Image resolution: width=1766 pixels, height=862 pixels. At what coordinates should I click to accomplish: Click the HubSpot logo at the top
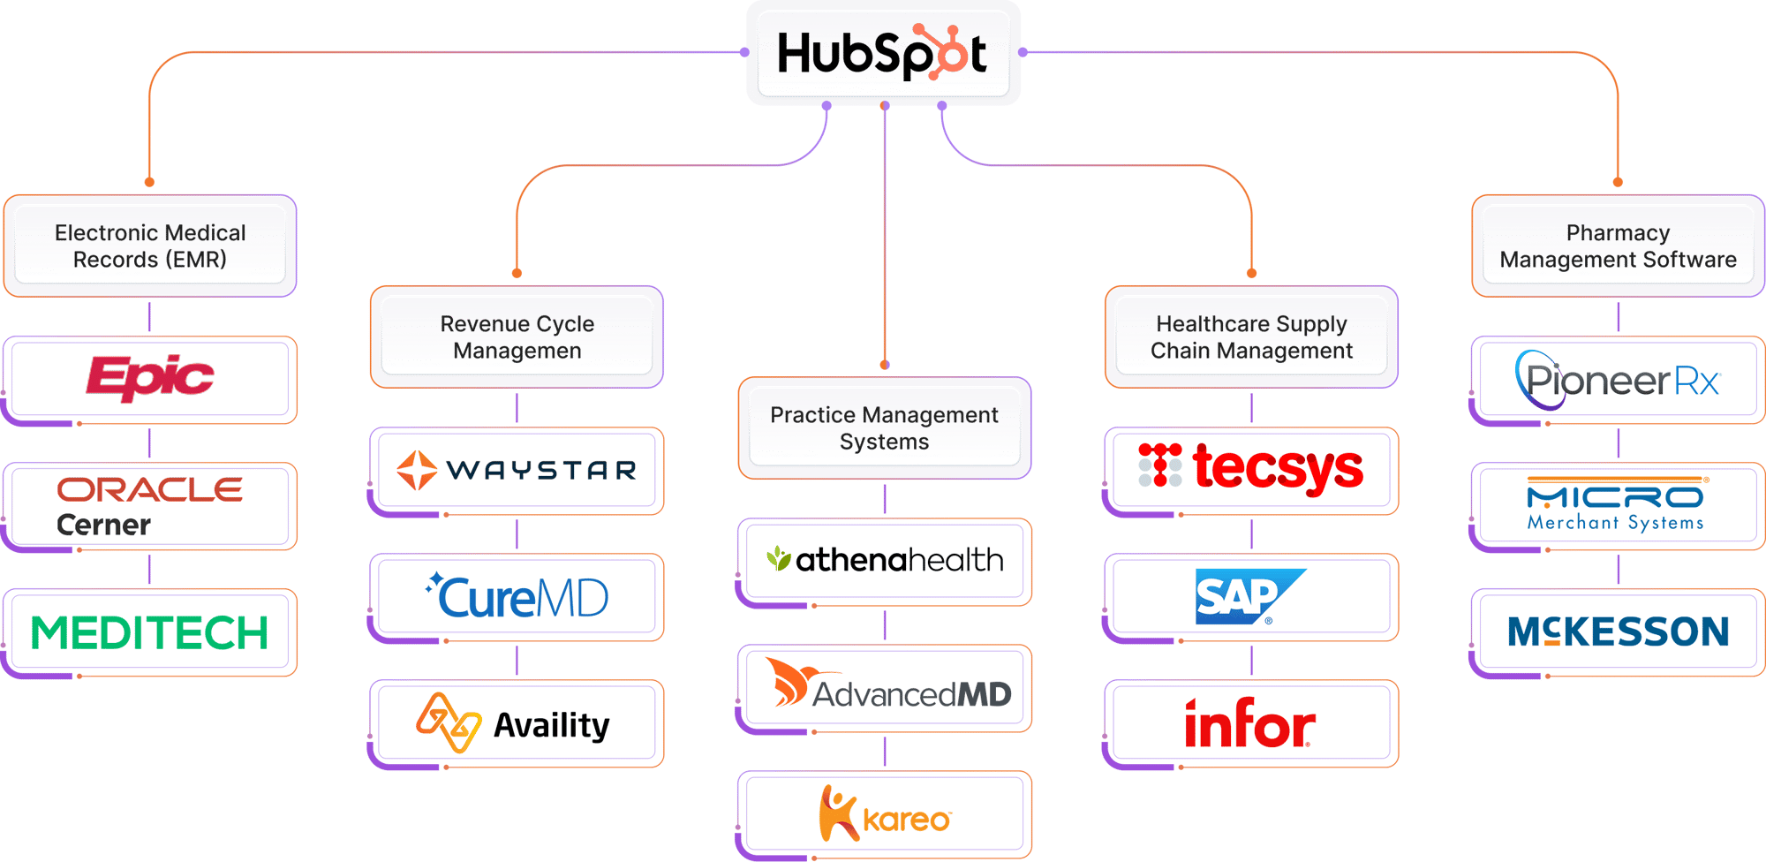pos(882,54)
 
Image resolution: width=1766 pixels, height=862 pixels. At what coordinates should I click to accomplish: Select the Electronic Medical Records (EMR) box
pos(150,246)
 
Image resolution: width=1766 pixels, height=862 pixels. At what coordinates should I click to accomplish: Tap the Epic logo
pos(150,378)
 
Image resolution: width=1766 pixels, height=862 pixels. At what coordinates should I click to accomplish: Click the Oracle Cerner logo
pos(150,506)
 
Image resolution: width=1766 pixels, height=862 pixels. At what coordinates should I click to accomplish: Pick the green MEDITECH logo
pos(150,632)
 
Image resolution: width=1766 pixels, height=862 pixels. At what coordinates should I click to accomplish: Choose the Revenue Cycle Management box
pos(517,336)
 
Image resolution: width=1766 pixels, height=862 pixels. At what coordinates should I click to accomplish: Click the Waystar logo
pos(517,470)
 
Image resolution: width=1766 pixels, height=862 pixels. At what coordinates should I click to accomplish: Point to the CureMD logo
pos(517,596)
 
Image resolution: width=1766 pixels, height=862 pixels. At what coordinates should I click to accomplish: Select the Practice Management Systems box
pos(884,427)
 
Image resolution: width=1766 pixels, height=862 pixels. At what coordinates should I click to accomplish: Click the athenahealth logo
pos(884,560)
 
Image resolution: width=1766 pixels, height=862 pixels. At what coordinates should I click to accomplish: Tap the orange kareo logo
pos(884,813)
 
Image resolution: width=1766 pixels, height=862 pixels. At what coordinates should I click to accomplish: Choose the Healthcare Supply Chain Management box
pos(1251,336)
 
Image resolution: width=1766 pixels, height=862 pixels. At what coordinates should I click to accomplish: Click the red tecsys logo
pos(1251,467)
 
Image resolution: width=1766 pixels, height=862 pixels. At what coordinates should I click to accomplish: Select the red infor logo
pos(1249,723)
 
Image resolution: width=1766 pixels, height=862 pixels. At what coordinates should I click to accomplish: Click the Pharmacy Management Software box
pos(1618,246)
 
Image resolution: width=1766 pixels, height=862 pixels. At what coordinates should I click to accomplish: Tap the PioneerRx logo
pos(1618,380)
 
